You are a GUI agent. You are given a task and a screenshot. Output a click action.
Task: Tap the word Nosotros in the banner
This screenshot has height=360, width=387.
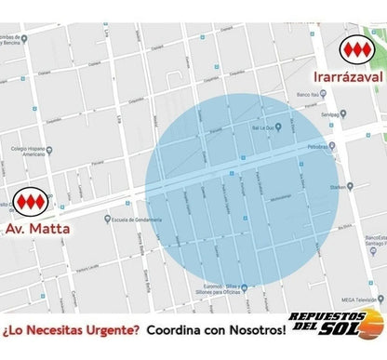coord(255,329)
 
